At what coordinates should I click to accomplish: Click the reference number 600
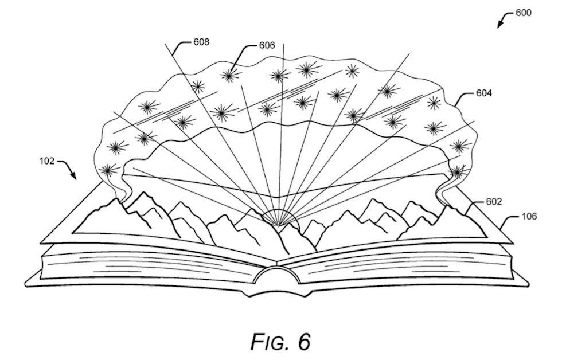click(x=524, y=13)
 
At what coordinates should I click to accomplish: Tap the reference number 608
click(x=201, y=42)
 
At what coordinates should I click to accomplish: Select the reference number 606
click(x=267, y=45)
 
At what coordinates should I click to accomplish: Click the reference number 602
click(x=493, y=202)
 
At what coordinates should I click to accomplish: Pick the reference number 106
click(x=529, y=216)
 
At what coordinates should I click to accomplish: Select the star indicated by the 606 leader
click(x=230, y=75)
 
